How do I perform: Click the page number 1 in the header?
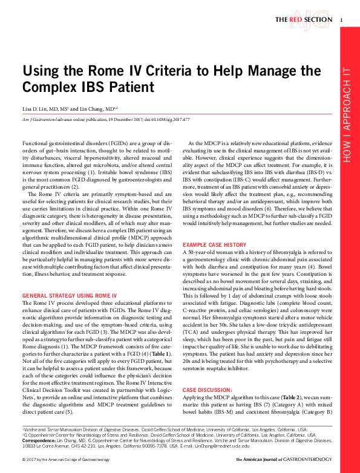(x=342, y=20)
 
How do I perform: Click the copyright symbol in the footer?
(x=23, y=461)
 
